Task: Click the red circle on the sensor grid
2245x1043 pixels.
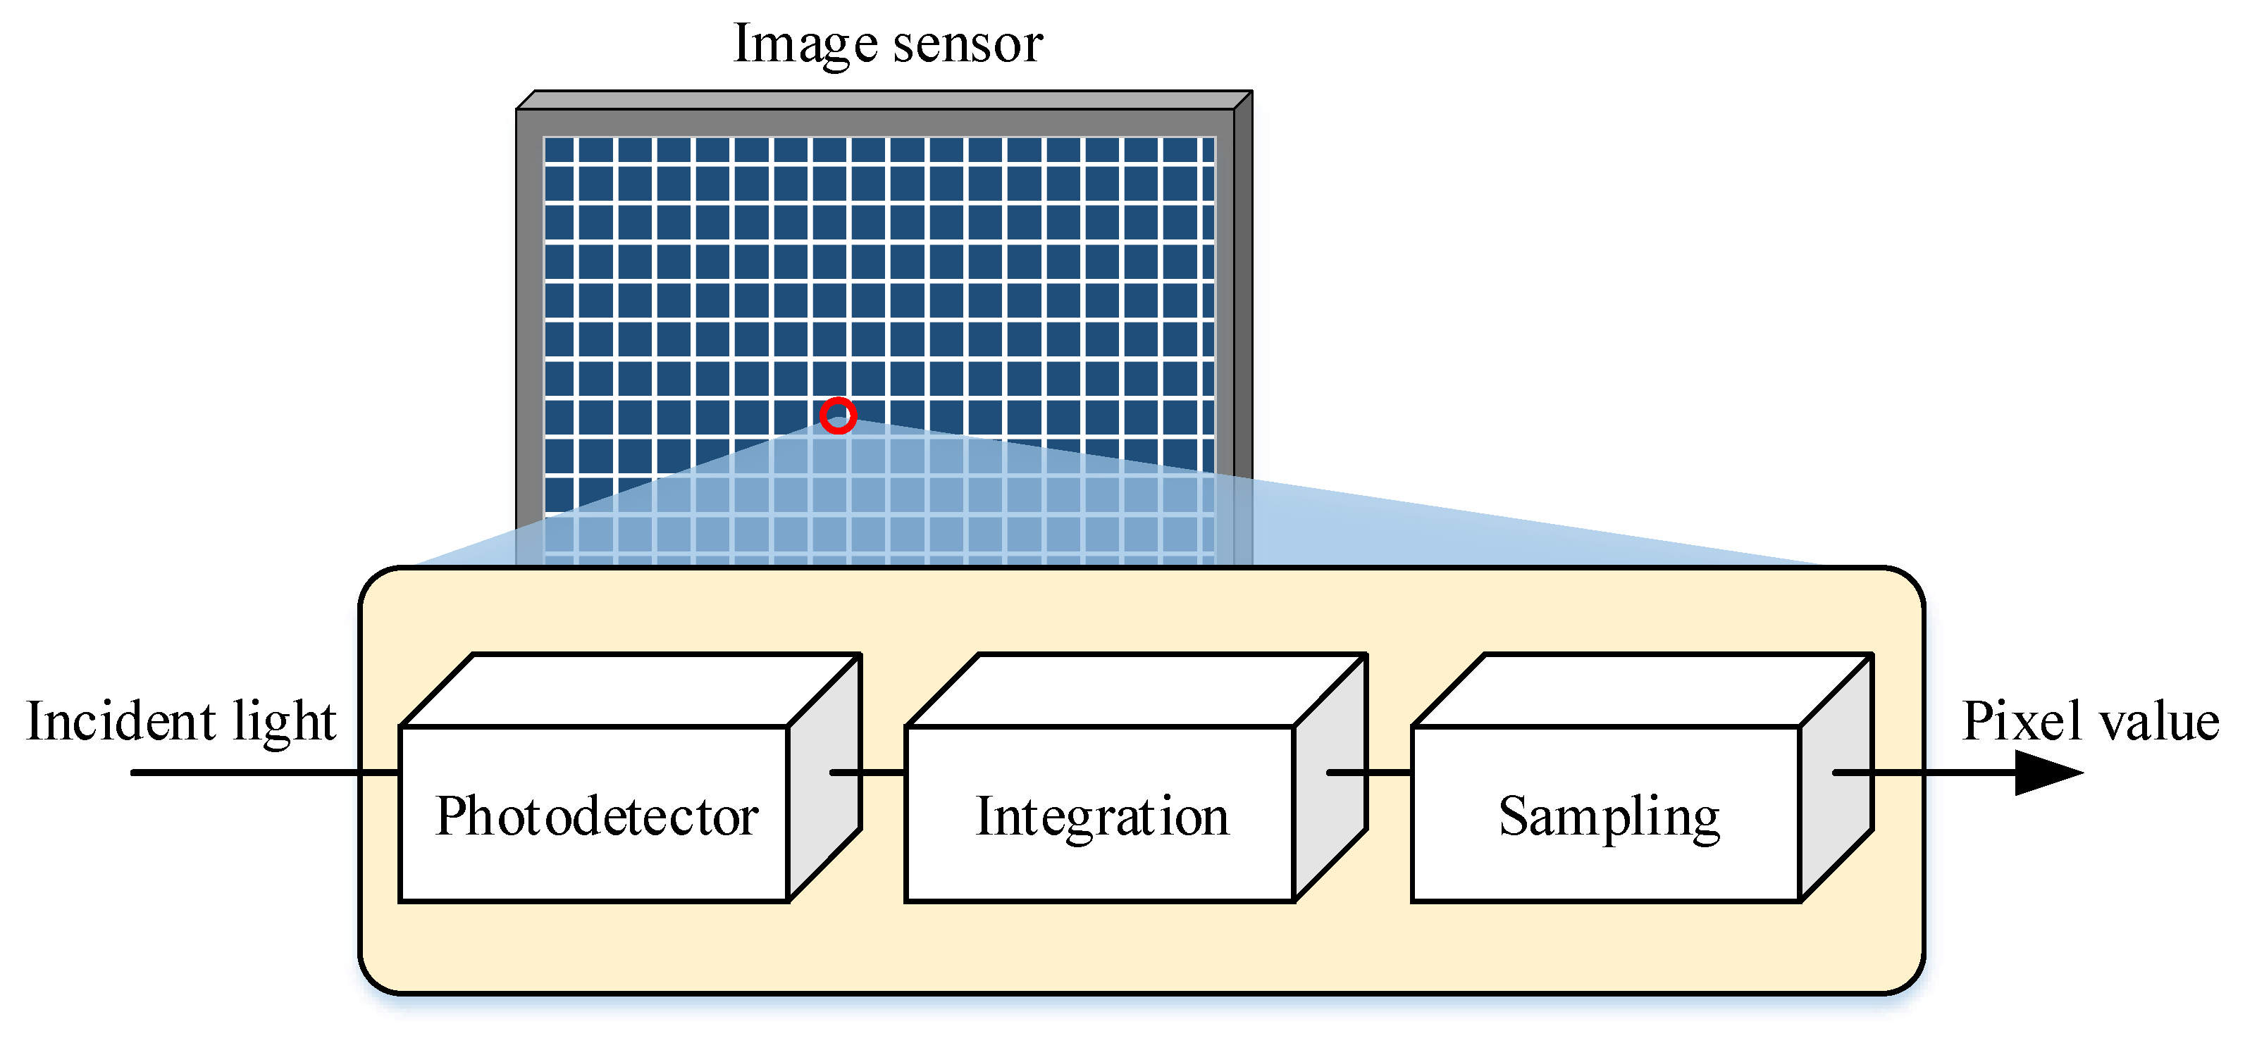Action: (x=838, y=416)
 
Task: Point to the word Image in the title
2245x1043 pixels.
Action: (x=805, y=44)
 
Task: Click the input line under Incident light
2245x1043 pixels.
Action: (x=261, y=772)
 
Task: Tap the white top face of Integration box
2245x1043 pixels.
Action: (x=1133, y=689)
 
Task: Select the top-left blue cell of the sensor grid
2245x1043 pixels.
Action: (x=559, y=150)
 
